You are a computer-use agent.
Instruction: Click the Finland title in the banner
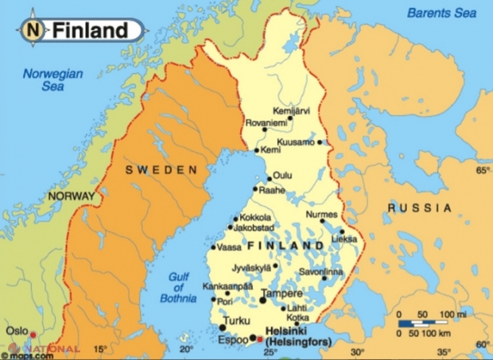click(x=90, y=30)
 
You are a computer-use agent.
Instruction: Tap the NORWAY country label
click(x=71, y=195)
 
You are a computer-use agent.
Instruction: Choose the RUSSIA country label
click(x=420, y=207)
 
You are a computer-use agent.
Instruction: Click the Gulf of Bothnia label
click(x=182, y=288)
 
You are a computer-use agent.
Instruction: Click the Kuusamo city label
click(x=297, y=141)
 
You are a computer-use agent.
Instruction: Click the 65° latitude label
click(x=482, y=171)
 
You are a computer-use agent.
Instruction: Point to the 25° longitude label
click(x=270, y=350)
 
